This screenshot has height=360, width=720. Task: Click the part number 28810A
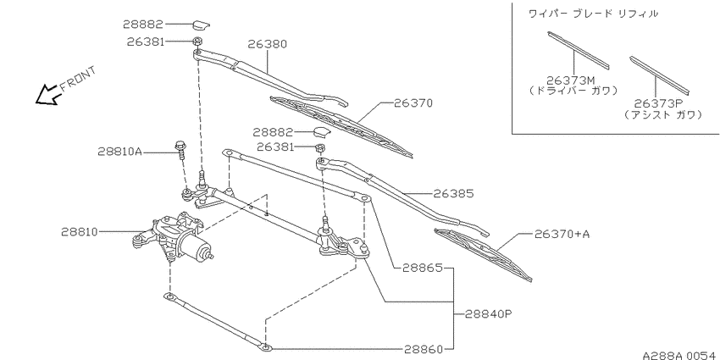(119, 151)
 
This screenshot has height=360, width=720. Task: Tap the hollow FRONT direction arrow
(47, 94)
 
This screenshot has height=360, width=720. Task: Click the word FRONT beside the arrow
(78, 78)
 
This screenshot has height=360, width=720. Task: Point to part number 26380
(267, 44)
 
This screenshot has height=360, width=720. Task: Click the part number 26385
(453, 194)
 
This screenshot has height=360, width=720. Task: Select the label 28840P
(488, 314)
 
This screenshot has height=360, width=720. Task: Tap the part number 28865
(422, 268)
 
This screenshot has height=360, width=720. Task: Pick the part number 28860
(424, 350)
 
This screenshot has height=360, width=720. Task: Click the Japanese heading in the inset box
(593, 14)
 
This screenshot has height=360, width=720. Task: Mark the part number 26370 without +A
(413, 103)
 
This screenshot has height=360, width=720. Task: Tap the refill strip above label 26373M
(579, 50)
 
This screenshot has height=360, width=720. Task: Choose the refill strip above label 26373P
(659, 74)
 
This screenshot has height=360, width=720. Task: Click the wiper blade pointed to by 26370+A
(483, 254)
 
